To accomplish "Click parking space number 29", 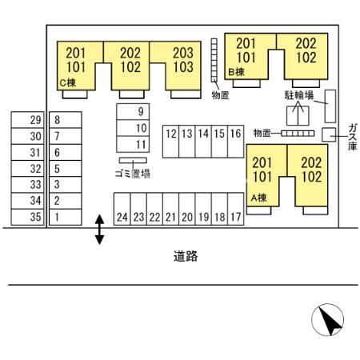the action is pyautogui.click(x=27, y=120).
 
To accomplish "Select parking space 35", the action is pyautogui.click(x=27, y=217).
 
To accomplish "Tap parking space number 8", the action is pyautogui.click(x=66, y=120).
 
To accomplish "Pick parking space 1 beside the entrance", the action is pyautogui.click(x=66, y=217).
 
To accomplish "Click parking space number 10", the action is pyautogui.click(x=133, y=128).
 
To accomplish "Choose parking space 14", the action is pyautogui.click(x=203, y=142).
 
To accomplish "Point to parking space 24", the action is pyautogui.click(x=122, y=209).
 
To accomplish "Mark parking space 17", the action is pyautogui.click(x=236, y=209).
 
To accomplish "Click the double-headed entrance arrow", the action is pyautogui.click(x=99, y=230).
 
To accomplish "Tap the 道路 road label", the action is pyautogui.click(x=186, y=257).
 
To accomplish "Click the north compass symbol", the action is pyautogui.click(x=328, y=319).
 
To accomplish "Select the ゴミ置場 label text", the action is pyautogui.click(x=133, y=174).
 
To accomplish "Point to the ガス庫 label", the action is pyautogui.click(x=353, y=137).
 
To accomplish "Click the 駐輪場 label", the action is pyautogui.click(x=299, y=95).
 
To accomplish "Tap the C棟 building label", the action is pyautogui.click(x=68, y=83).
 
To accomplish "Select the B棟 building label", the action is pyautogui.click(x=237, y=72).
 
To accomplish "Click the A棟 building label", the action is pyautogui.click(x=258, y=198).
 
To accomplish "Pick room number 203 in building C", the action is pyautogui.click(x=183, y=53).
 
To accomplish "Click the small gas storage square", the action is pyautogui.click(x=329, y=135).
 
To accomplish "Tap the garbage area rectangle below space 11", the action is pyautogui.click(x=133, y=160).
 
